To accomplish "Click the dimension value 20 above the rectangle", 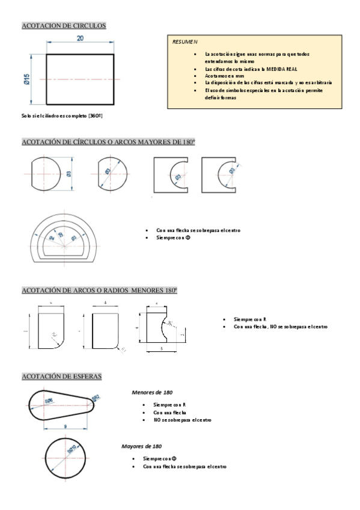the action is pos(80,38).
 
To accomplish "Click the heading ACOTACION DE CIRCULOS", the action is pos(64,26).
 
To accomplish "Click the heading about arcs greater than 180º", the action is pos(108,142).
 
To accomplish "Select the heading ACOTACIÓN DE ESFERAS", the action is pos(61,376).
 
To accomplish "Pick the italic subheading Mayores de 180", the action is pos(142,446).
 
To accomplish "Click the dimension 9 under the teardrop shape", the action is pos(64,426).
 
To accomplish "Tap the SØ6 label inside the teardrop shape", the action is pos(48,400).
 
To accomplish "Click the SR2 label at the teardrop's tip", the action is pos(96,397).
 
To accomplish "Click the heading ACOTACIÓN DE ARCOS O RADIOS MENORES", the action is pos(99,290).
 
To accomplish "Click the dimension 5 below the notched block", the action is pos(162,348).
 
